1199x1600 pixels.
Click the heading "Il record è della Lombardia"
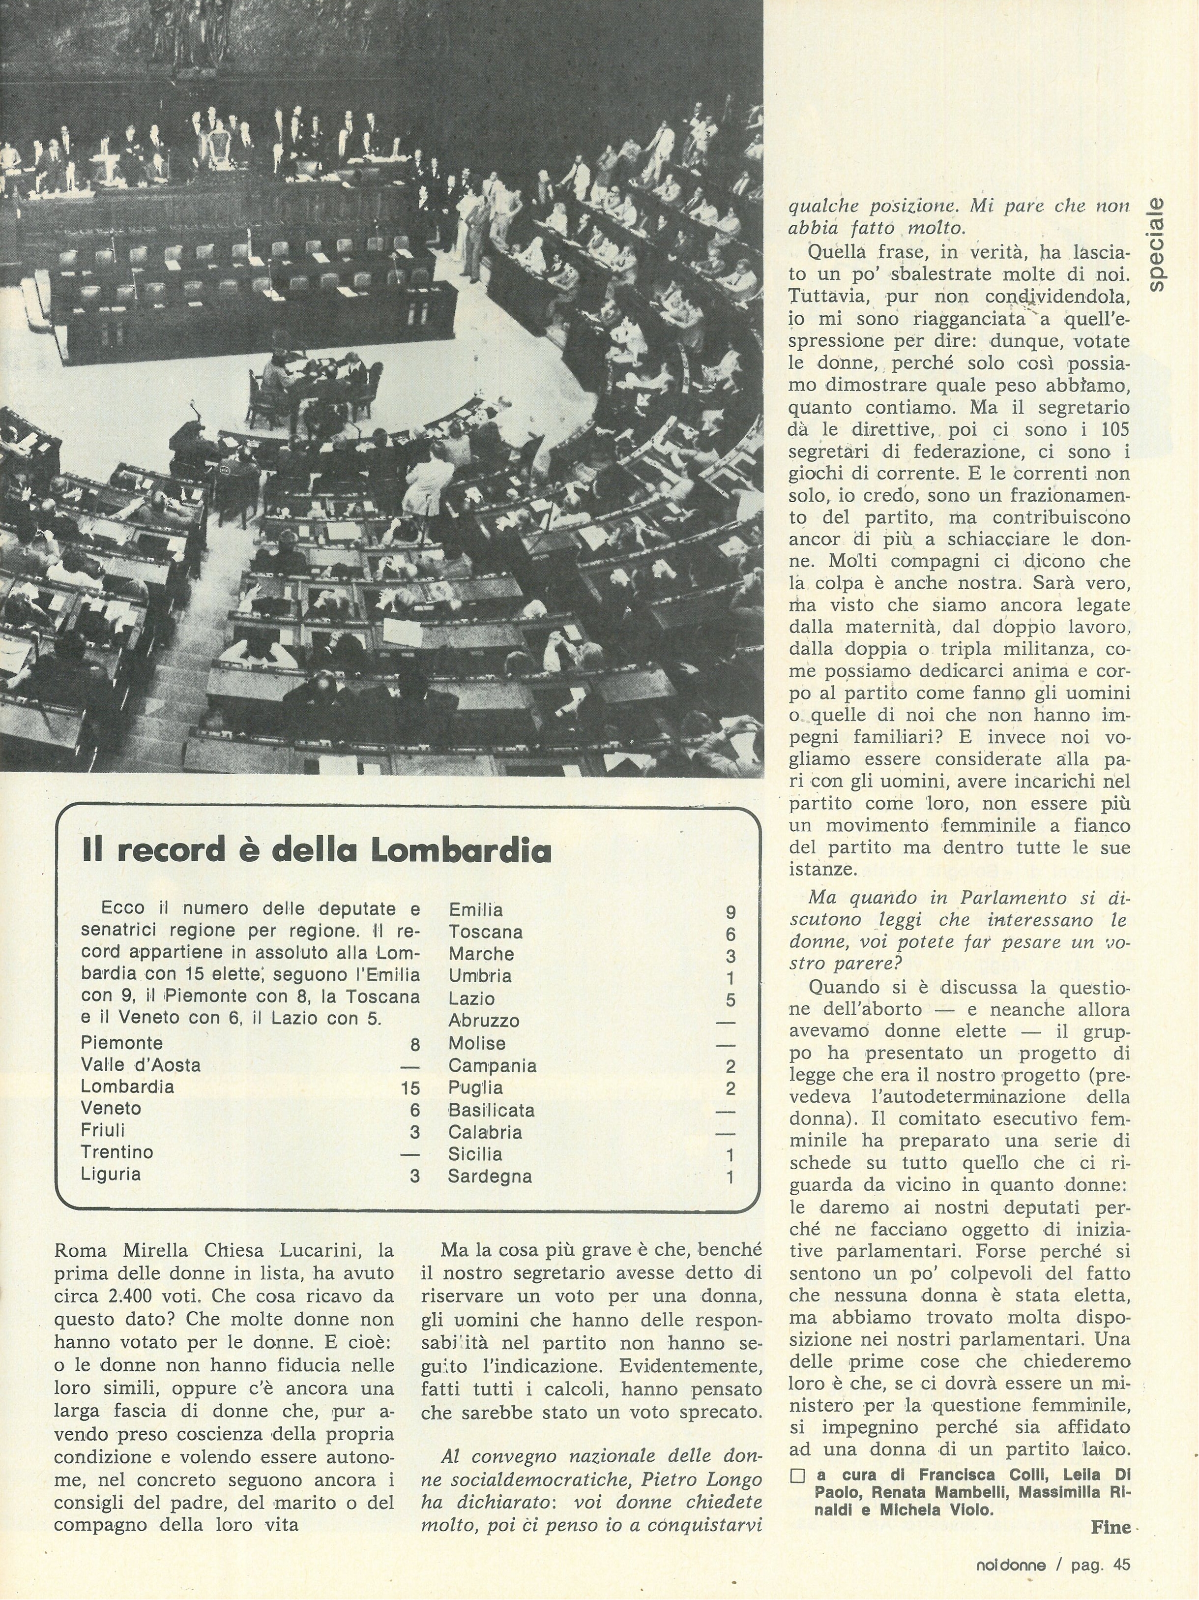(x=317, y=850)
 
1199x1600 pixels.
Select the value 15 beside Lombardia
(x=410, y=1087)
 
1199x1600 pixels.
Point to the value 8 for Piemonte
(x=414, y=1044)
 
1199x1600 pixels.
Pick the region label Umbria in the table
(x=479, y=976)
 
